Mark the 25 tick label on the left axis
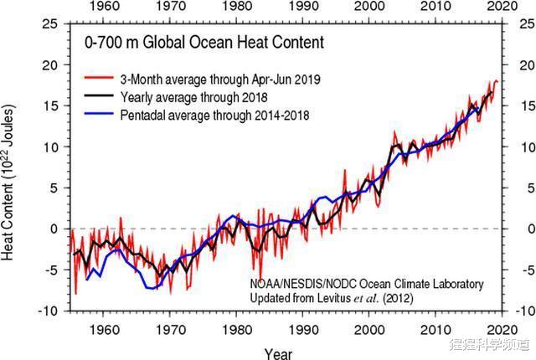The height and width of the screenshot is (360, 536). (50, 23)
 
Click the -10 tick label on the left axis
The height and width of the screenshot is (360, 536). (49, 311)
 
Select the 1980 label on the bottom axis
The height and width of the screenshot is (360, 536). (237, 329)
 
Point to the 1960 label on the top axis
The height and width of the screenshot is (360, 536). (104, 8)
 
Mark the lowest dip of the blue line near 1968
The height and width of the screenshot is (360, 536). (152, 288)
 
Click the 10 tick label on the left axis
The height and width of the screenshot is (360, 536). (50, 147)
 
